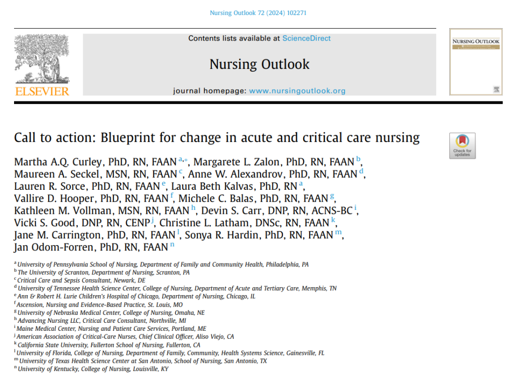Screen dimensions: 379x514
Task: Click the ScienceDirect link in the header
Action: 306,39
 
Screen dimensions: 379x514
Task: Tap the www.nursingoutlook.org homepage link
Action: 297,91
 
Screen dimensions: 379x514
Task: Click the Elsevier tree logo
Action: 42,59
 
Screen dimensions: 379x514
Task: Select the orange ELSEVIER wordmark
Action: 42,91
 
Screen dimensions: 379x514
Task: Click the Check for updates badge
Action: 462,146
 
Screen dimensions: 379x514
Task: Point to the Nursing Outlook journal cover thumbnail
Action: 475,62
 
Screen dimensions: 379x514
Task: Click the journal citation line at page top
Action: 258,13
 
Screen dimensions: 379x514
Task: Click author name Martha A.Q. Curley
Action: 48,162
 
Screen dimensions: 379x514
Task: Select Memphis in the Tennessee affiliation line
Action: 316,288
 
